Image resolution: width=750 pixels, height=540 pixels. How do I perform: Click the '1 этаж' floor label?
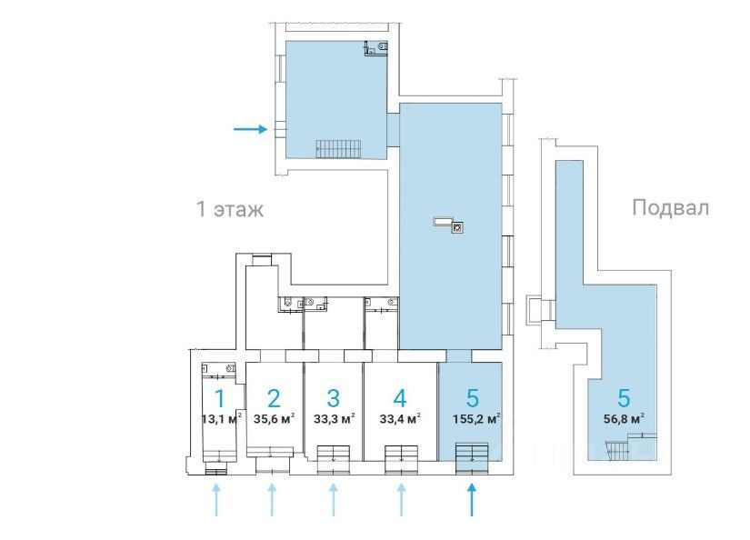coord(230,209)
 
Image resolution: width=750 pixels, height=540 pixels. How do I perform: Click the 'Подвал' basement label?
coord(670,208)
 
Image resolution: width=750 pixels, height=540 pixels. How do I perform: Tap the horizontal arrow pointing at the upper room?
coord(250,129)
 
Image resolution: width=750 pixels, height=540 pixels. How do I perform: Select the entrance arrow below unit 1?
coord(216,500)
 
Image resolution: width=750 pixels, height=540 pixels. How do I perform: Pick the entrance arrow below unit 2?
coord(272,500)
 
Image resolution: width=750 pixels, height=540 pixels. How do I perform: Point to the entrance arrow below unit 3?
coord(334,500)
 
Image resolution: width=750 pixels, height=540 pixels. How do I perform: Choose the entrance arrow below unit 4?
coord(401,500)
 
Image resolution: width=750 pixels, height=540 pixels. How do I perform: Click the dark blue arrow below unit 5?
coord(472,500)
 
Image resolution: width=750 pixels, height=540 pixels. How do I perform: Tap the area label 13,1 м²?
coord(222,419)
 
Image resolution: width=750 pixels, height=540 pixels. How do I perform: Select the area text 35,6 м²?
coord(274,419)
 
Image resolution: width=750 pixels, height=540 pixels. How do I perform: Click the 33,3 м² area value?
coord(334,419)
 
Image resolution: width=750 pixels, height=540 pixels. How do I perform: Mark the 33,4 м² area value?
coord(400,419)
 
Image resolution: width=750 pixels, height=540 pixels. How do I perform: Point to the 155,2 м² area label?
coord(476,419)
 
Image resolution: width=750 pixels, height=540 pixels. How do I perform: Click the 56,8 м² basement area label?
coord(624,419)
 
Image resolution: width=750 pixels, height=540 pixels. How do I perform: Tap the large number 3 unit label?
coord(334,398)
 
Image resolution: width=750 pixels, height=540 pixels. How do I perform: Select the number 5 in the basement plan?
coord(624,398)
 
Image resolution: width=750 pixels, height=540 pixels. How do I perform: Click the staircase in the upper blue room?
coord(338,149)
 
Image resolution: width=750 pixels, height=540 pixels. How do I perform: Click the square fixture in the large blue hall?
coord(458,227)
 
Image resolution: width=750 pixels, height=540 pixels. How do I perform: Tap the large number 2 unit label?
coord(274,398)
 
